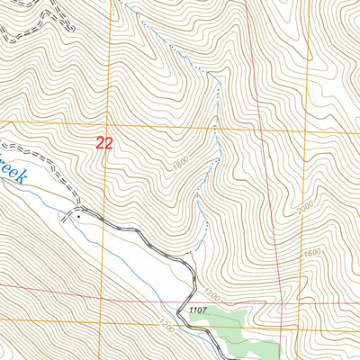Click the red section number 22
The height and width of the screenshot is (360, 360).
(104, 142)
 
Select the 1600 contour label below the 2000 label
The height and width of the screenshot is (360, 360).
(311, 254)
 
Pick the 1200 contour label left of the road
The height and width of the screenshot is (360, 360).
(165, 319)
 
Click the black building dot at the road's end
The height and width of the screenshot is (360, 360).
(78, 216)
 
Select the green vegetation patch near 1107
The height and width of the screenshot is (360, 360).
(238, 324)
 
